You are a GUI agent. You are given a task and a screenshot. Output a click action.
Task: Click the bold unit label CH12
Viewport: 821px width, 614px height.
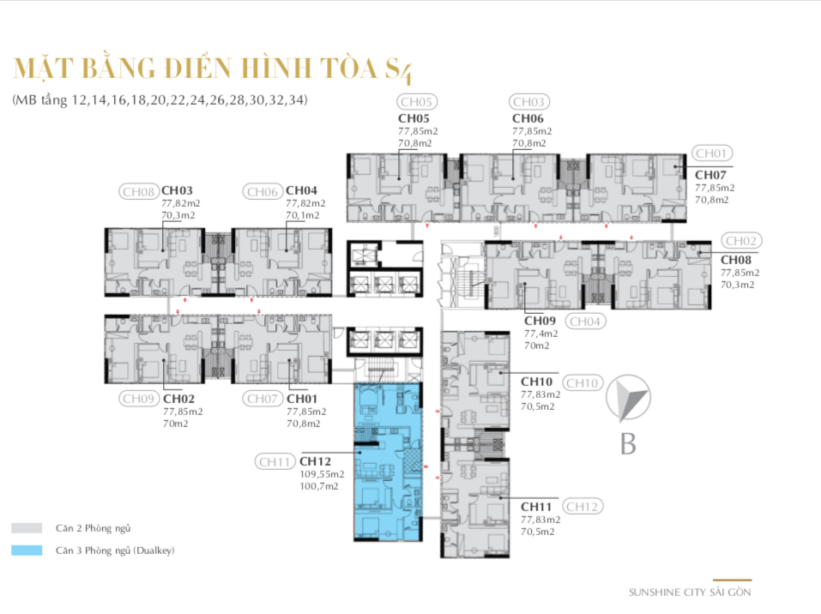click(315, 461)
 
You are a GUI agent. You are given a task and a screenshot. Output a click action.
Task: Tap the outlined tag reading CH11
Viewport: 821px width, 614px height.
click(275, 461)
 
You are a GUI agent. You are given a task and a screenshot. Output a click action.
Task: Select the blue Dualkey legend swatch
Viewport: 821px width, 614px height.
click(27, 551)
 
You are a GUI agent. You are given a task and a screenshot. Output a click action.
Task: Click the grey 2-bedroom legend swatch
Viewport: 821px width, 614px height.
click(27, 528)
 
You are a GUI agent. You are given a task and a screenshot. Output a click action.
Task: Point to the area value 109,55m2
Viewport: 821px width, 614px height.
click(322, 474)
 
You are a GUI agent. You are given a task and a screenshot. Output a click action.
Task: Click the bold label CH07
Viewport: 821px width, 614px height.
click(710, 175)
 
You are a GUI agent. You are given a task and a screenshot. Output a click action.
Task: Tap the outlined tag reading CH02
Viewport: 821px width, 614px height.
click(741, 241)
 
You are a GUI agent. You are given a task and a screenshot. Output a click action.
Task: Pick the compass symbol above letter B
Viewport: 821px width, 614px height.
click(628, 398)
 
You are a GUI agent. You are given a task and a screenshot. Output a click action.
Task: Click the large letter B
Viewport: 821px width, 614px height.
click(628, 444)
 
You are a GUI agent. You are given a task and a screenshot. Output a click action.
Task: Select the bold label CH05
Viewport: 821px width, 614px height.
click(414, 118)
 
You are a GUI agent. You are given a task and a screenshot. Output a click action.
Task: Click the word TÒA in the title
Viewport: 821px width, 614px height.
click(348, 68)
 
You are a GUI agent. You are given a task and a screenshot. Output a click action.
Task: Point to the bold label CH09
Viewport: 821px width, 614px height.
click(540, 321)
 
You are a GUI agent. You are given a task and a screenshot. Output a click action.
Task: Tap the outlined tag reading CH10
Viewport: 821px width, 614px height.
click(583, 383)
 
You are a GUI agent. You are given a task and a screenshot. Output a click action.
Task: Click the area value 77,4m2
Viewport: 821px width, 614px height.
click(540, 334)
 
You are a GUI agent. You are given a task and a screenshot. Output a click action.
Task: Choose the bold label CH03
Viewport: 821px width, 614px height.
click(177, 190)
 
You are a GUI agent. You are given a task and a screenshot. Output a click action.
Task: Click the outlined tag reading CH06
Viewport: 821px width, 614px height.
click(263, 192)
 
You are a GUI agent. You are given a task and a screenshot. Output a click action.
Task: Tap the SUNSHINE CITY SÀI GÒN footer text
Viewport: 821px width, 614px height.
click(690, 592)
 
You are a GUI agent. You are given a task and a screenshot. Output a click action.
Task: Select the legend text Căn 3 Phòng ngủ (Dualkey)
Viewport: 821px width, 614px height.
click(115, 551)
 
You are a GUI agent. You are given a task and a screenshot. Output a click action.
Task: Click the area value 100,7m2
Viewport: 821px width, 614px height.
click(319, 486)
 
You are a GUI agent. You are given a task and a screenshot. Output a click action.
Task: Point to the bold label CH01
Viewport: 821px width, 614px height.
click(302, 399)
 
